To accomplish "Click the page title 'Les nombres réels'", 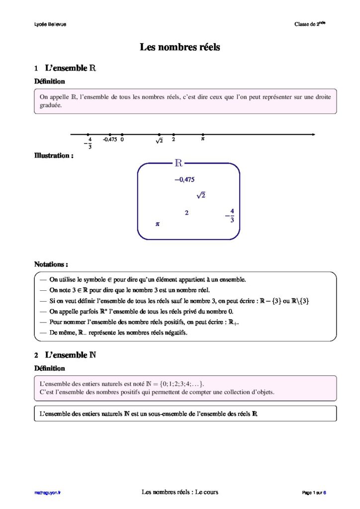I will [180, 48].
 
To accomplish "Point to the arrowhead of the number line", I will [313, 134].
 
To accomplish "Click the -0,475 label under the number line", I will [110, 140].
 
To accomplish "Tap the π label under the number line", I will [203, 140].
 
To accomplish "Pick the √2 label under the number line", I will [159, 141].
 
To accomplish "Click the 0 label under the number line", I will [122, 140].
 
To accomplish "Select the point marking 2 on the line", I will [174, 134].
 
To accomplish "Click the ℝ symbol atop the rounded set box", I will [179, 163].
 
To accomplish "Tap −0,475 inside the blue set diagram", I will [184, 179].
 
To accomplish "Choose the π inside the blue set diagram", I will [157, 224].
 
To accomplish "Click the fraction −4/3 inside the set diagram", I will [230, 215].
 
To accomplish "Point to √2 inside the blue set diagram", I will [201, 195].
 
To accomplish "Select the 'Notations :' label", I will [51, 264].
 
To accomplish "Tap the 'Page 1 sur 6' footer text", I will [314, 493].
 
